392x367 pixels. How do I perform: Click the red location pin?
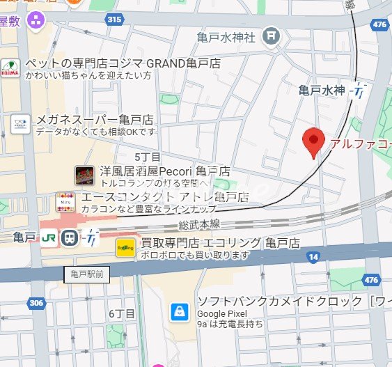[314, 143]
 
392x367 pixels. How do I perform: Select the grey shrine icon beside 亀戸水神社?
[272, 34]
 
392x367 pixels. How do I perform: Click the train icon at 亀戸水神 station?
[359, 90]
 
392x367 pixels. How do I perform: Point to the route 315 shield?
[114, 19]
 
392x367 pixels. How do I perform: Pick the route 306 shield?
[36, 303]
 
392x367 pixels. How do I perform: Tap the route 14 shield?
[313, 257]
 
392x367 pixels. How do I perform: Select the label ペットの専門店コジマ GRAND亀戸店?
[123, 63]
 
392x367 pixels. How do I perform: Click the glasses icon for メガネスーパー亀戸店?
[20, 125]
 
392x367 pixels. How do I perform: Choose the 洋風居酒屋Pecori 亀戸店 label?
[164, 171]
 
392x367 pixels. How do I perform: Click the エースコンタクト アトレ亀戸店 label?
[165, 197]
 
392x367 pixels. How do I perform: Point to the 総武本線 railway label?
[198, 224]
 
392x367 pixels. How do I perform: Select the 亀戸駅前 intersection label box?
[87, 274]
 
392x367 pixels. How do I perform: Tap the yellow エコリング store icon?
[125, 247]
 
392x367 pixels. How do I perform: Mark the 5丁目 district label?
[148, 157]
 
